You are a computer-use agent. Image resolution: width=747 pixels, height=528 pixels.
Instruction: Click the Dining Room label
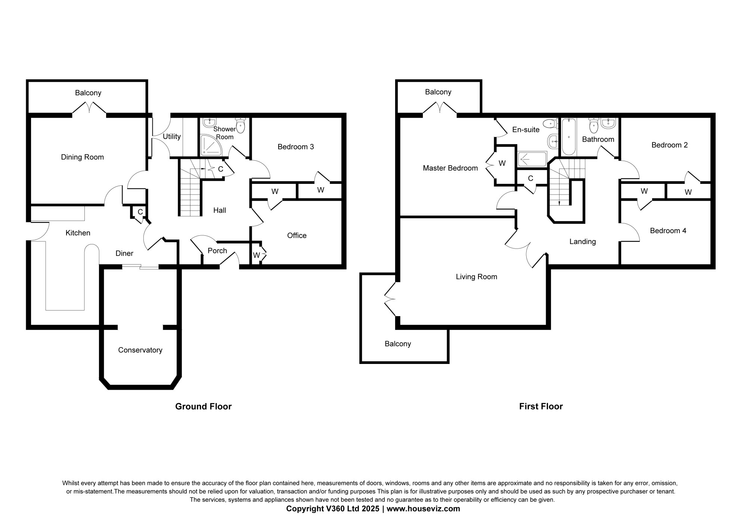[82, 157]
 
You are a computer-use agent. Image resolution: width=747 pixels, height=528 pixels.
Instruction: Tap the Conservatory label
[140, 350]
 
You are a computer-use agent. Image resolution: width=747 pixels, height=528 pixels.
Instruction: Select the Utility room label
[172, 137]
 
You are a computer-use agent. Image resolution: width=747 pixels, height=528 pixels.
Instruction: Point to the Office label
[297, 235]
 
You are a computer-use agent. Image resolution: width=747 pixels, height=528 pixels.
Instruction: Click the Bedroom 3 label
[296, 147]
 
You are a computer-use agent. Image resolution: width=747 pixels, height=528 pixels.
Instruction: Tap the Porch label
[217, 251]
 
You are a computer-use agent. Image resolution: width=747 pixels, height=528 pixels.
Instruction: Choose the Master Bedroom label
[450, 168]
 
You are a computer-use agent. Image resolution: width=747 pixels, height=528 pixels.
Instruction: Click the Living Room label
[477, 277]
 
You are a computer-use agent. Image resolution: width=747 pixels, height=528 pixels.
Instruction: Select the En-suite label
[526, 130]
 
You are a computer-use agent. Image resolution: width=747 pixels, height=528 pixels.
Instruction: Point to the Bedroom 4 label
[668, 231]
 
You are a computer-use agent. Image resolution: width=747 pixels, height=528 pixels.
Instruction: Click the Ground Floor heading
[204, 407]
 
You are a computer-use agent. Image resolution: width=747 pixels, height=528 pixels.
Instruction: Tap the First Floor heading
[541, 407]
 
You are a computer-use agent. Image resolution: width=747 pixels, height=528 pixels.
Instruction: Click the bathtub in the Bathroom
[569, 137]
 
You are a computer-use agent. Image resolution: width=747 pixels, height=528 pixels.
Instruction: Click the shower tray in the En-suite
[532, 159]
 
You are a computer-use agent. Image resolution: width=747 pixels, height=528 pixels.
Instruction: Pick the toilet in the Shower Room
[241, 125]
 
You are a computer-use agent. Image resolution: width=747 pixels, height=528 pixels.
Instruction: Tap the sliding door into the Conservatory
[140, 266]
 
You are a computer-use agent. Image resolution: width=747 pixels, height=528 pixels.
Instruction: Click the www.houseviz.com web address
[423, 509]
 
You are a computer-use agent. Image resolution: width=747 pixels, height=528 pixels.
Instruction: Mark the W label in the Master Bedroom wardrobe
[502, 163]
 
